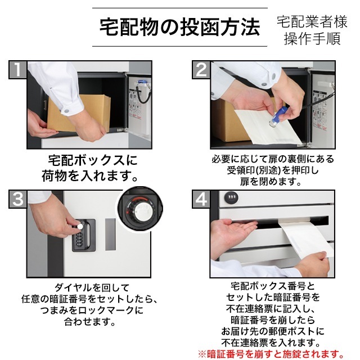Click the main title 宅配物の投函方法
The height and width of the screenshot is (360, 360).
pos(179,26)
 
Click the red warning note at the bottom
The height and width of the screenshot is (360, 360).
pos(269,354)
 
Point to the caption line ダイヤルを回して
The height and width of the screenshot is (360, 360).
pos(89,286)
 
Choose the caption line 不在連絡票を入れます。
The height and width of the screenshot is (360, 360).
pos(273,342)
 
